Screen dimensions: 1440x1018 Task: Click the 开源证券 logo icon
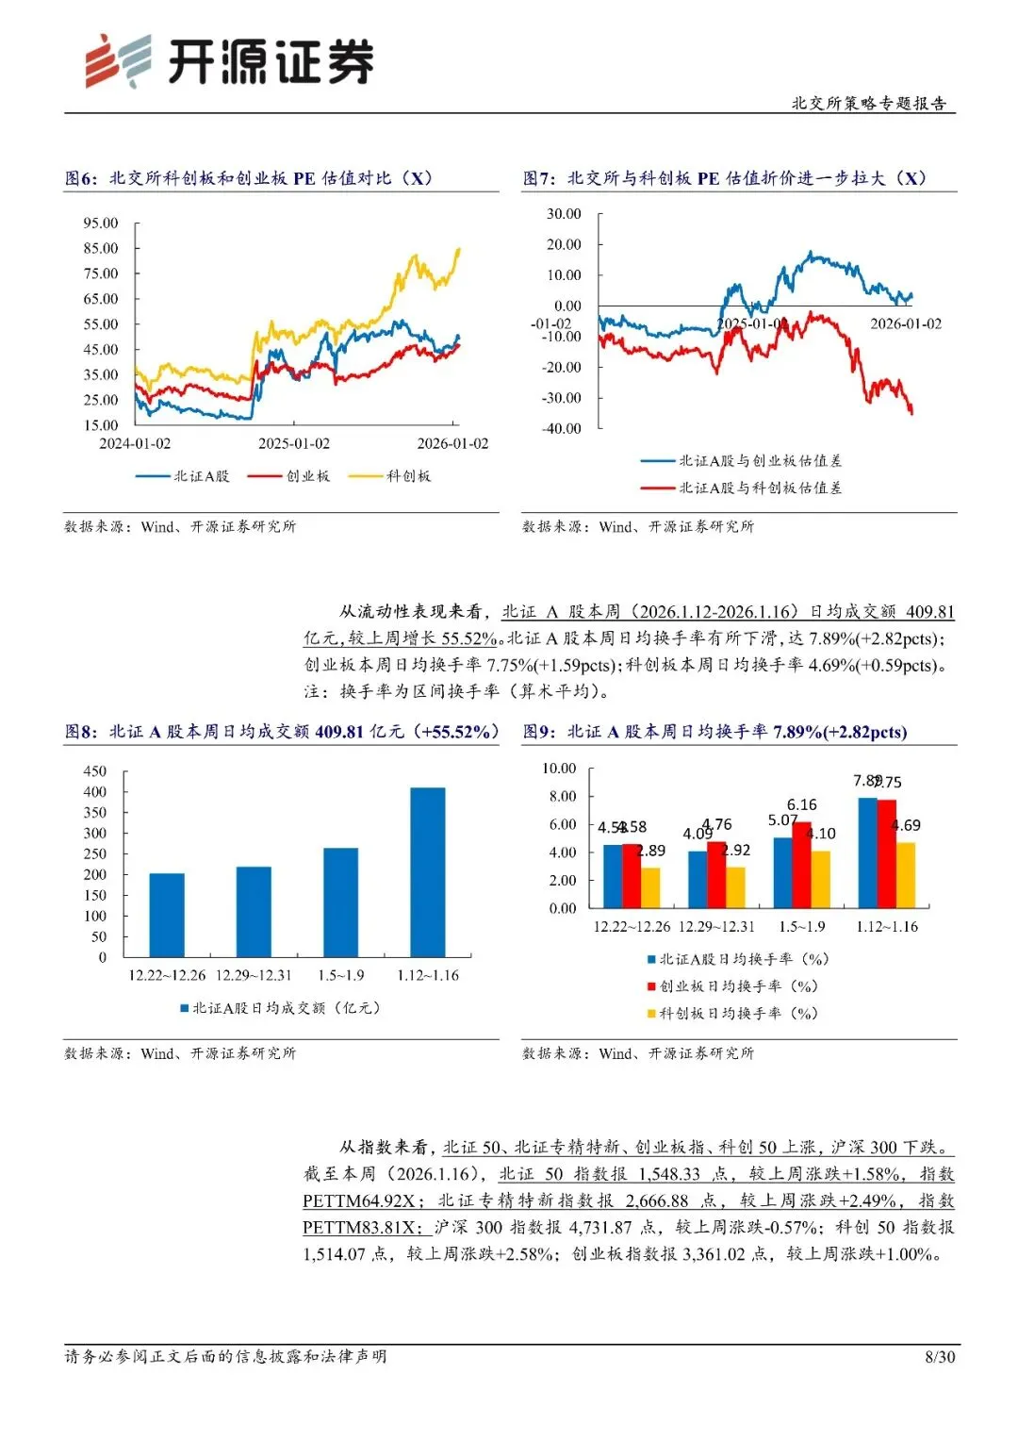coord(118,61)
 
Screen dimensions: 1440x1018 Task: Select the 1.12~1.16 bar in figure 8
coord(427,871)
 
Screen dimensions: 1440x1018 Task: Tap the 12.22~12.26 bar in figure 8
coord(167,915)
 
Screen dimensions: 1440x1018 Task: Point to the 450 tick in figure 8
coord(95,770)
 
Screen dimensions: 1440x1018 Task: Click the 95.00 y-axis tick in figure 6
coord(101,223)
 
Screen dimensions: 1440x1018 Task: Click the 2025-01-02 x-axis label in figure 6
coord(294,443)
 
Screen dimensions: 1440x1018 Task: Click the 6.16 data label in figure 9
coord(802,804)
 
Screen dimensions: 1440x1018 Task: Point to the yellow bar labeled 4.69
coord(906,875)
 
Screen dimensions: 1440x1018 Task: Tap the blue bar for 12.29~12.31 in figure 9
coord(698,879)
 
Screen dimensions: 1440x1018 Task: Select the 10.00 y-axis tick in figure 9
coord(559,769)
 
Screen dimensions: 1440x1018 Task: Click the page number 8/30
coord(940,1357)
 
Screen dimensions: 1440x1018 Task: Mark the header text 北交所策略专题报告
coord(869,104)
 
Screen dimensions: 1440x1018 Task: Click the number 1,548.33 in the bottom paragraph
coord(669,1174)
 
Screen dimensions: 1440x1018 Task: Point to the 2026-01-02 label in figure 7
coord(906,323)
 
